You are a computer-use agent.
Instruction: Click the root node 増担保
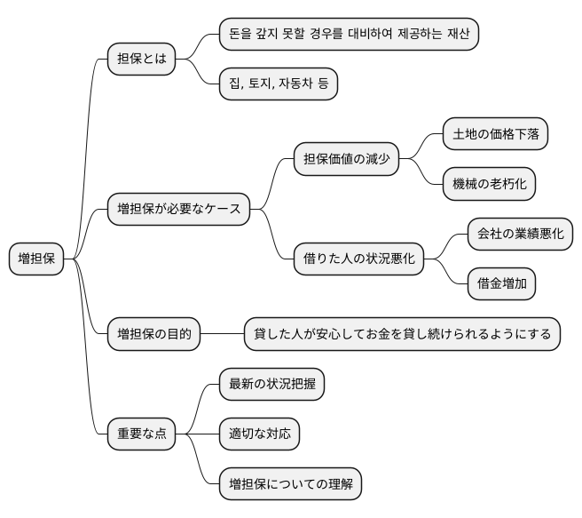(37, 259)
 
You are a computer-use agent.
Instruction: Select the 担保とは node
(141, 59)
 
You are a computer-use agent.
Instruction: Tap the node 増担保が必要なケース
(178, 210)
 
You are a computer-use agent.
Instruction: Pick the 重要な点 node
(141, 434)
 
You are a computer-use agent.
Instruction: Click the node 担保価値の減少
(346, 160)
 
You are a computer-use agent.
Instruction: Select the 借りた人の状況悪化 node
(358, 259)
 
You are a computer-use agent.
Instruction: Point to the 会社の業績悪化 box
(520, 235)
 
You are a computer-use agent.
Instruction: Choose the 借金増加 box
(502, 284)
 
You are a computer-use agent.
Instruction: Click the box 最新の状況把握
(271, 385)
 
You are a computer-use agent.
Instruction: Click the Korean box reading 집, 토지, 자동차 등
(279, 84)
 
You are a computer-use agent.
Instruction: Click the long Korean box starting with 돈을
(349, 34)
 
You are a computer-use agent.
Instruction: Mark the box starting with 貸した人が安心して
(402, 335)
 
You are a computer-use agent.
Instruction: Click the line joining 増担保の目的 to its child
(223, 335)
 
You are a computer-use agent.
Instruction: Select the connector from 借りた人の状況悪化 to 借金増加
(446, 273)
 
